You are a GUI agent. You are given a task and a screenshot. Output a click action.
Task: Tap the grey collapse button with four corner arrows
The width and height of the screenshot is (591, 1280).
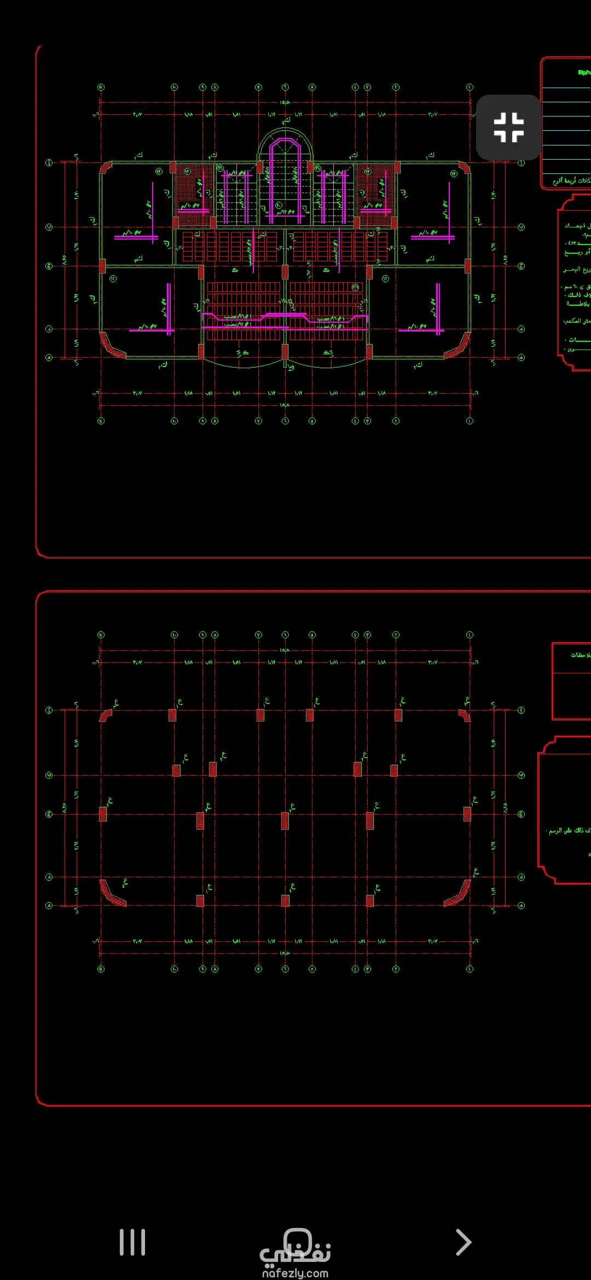coord(508,127)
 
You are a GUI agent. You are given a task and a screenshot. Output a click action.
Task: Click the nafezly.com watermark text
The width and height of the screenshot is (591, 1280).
coord(295,1273)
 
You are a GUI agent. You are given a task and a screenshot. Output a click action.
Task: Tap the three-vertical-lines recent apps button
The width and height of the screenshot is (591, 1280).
coord(132,1242)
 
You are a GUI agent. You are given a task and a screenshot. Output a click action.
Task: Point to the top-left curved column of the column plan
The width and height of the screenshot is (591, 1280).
coord(105,715)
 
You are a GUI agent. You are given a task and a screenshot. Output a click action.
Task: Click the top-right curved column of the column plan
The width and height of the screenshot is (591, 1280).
coord(465,715)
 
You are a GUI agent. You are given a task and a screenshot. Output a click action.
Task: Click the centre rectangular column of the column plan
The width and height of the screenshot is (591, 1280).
coord(285,820)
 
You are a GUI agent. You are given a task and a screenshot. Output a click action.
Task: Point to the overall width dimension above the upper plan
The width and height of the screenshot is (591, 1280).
coord(285,102)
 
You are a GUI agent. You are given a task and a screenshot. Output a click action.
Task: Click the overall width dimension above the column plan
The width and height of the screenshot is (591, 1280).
coord(285,650)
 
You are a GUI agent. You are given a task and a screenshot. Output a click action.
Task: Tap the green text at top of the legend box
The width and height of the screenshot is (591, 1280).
coord(584,72)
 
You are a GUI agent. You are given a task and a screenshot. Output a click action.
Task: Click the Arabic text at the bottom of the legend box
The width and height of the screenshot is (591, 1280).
coord(572,181)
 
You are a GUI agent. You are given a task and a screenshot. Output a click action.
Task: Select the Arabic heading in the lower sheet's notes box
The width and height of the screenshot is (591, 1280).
coord(580,655)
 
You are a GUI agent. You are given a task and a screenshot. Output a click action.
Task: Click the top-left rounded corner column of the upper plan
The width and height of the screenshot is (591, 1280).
coord(106,167)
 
